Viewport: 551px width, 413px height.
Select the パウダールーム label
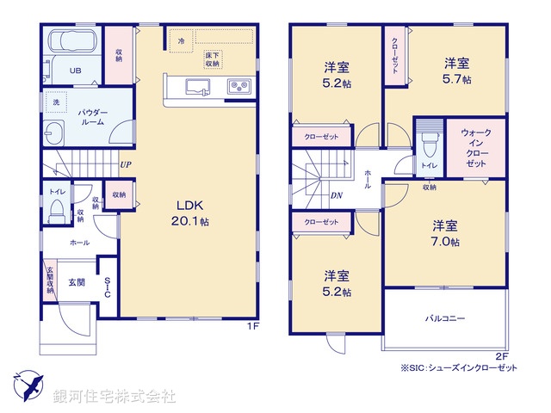point(92,118)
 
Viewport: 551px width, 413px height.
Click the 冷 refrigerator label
point(181,40)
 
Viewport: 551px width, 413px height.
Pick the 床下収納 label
point(212,59)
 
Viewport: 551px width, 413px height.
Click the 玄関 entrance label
point(77,283)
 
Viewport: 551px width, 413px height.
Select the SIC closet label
point(107,287)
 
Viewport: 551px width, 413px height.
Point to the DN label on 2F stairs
point(337,195)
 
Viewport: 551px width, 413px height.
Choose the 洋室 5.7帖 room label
point(457,71)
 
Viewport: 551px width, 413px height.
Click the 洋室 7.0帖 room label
point(444,233)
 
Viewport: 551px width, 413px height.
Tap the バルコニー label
point(444,318)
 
